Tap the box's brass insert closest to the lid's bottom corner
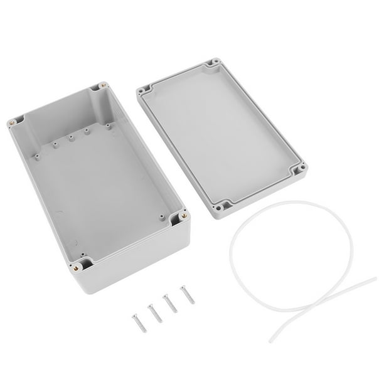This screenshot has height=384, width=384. tap(183, 216)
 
